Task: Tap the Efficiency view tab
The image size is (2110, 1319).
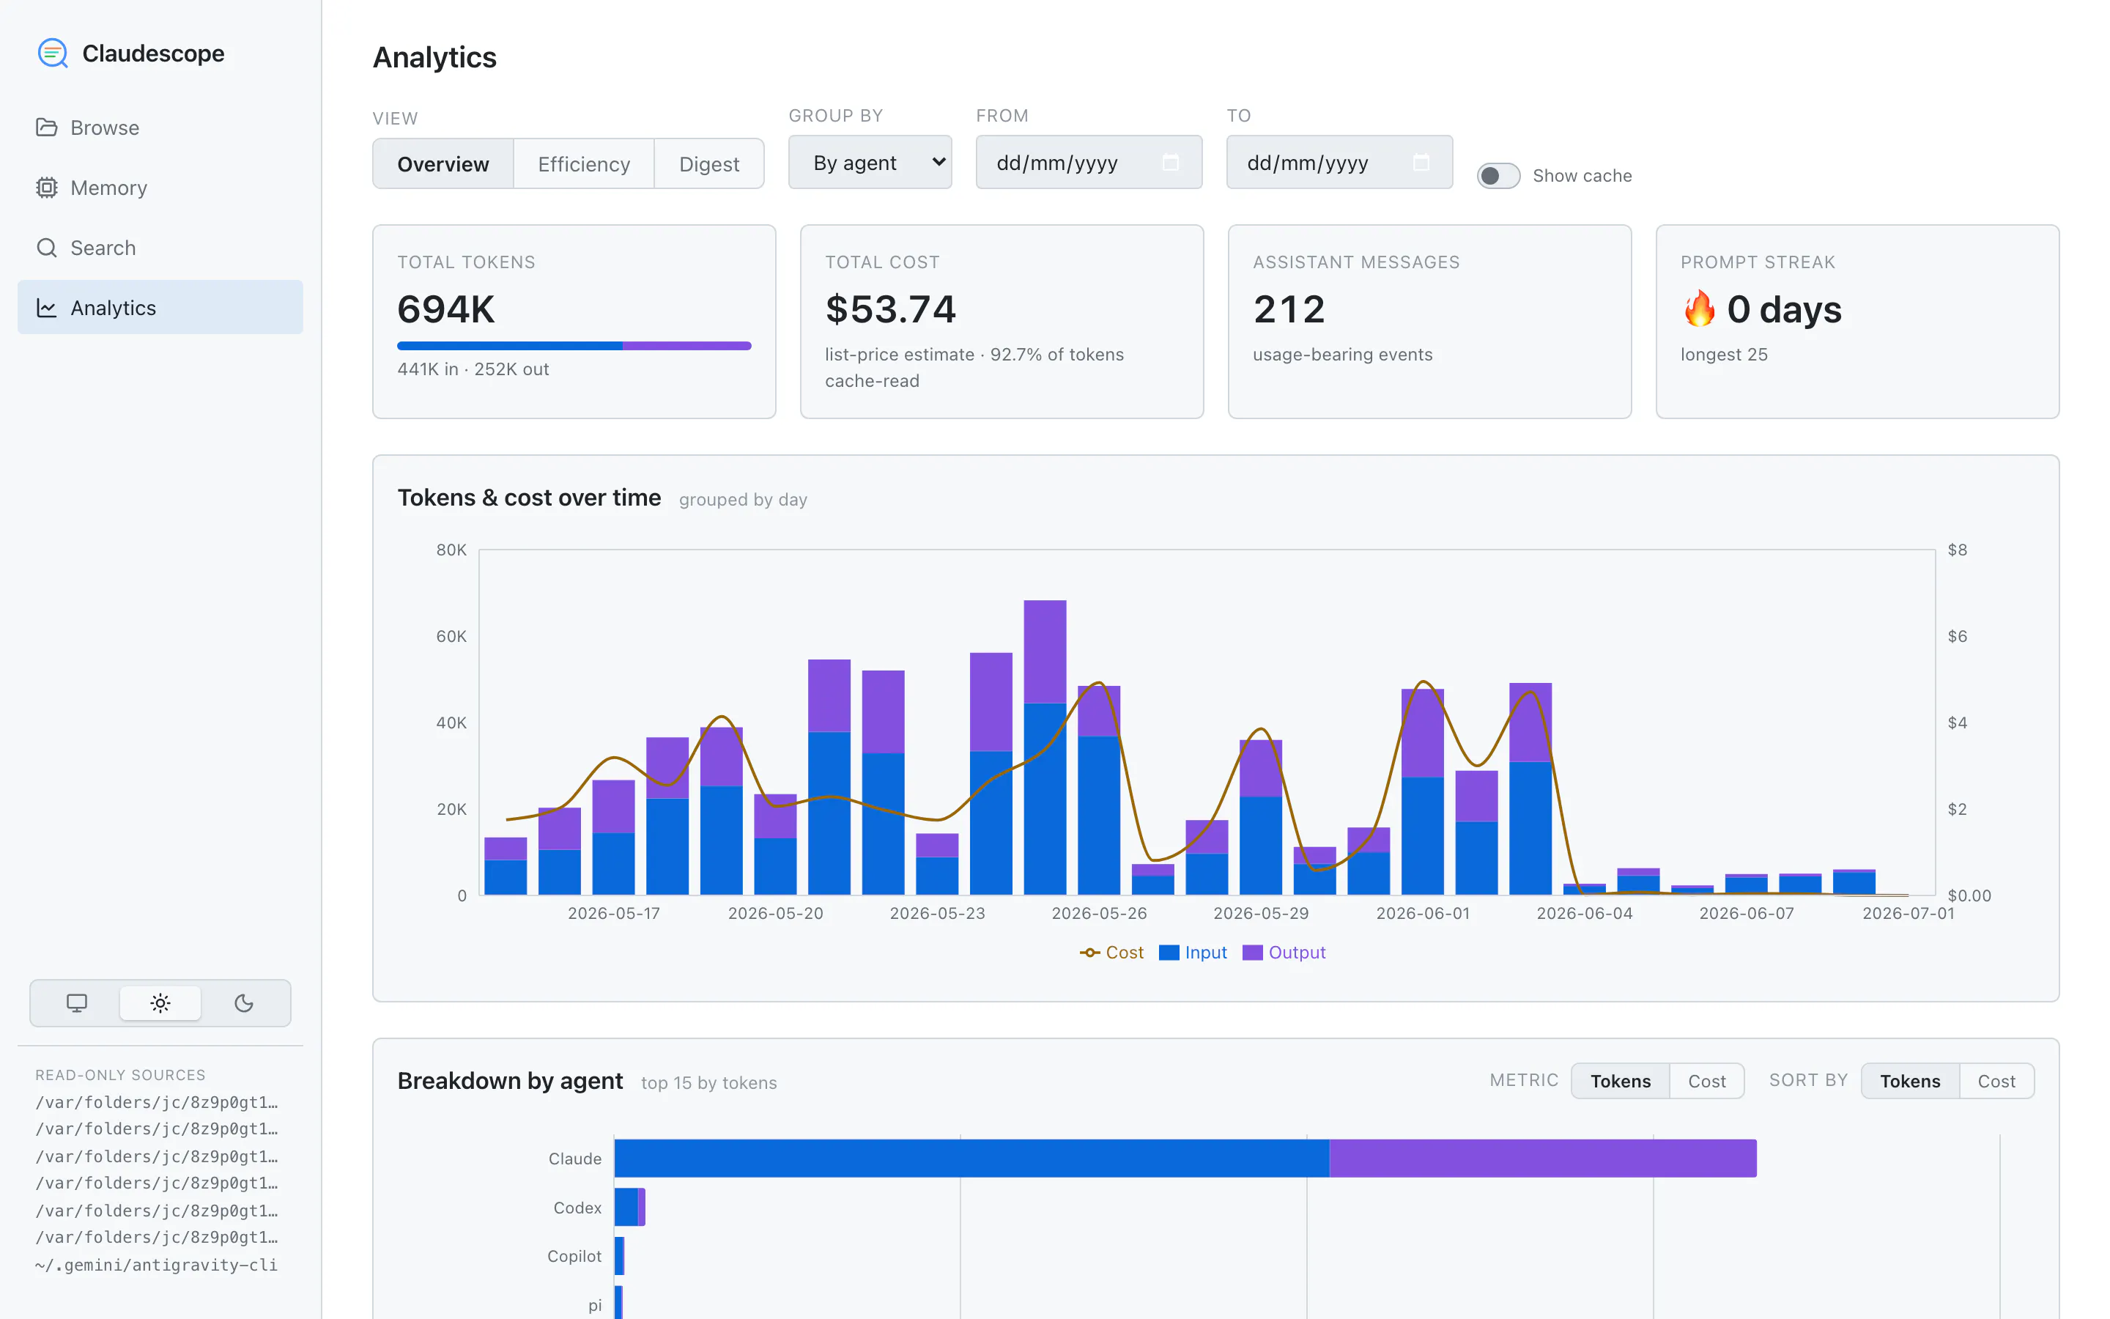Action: coord(583,164)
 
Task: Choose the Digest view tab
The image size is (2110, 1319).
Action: coord(709,164)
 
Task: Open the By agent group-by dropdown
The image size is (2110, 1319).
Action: coord(870,162)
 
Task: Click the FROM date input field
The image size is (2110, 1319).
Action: coord(1088,162)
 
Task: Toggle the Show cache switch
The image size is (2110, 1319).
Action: coord(1498,175)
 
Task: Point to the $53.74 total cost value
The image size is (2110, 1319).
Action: coord(890,308)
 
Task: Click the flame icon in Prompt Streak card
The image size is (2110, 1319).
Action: coord(1699,308)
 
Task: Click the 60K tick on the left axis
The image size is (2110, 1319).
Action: coord(451,636)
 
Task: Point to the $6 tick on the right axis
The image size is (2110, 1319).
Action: coord(1958,636)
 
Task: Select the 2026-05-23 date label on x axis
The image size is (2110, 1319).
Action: coord(937,913)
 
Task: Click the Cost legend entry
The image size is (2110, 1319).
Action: coord(1111,953)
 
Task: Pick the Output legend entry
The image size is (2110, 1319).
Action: coord(1284,953)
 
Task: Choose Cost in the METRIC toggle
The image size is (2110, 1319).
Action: coord(1706,1081)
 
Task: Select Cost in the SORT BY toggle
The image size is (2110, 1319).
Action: coord(1996,1081)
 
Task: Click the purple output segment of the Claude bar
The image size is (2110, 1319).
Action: coord(1542,1159)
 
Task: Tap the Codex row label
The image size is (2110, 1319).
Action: coord(577,1208)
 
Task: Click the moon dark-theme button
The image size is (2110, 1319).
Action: coord(244,1003)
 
